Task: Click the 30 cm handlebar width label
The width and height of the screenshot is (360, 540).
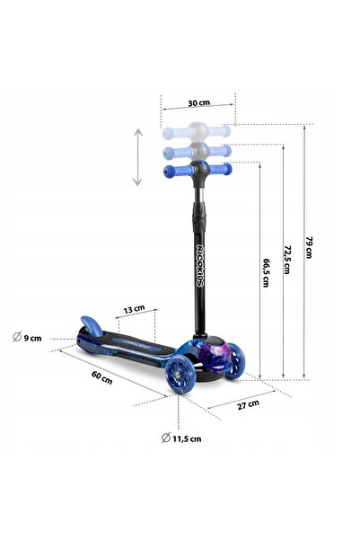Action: pos(198,102)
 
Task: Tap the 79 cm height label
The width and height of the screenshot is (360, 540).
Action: pos(309,247)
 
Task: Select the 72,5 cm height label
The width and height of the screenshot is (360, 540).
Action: pos(287,260)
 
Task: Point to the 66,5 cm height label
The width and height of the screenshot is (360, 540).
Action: pos(266,273)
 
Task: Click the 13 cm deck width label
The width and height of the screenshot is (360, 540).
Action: pos(135,309)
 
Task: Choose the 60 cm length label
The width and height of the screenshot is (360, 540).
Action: pos(101,377)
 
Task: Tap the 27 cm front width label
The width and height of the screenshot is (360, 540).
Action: pos(248,404)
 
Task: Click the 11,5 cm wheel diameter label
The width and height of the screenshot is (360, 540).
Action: pos(181,438)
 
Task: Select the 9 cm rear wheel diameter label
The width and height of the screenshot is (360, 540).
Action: pos(27,337)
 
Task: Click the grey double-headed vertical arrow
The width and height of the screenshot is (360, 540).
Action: pos(137,157)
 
